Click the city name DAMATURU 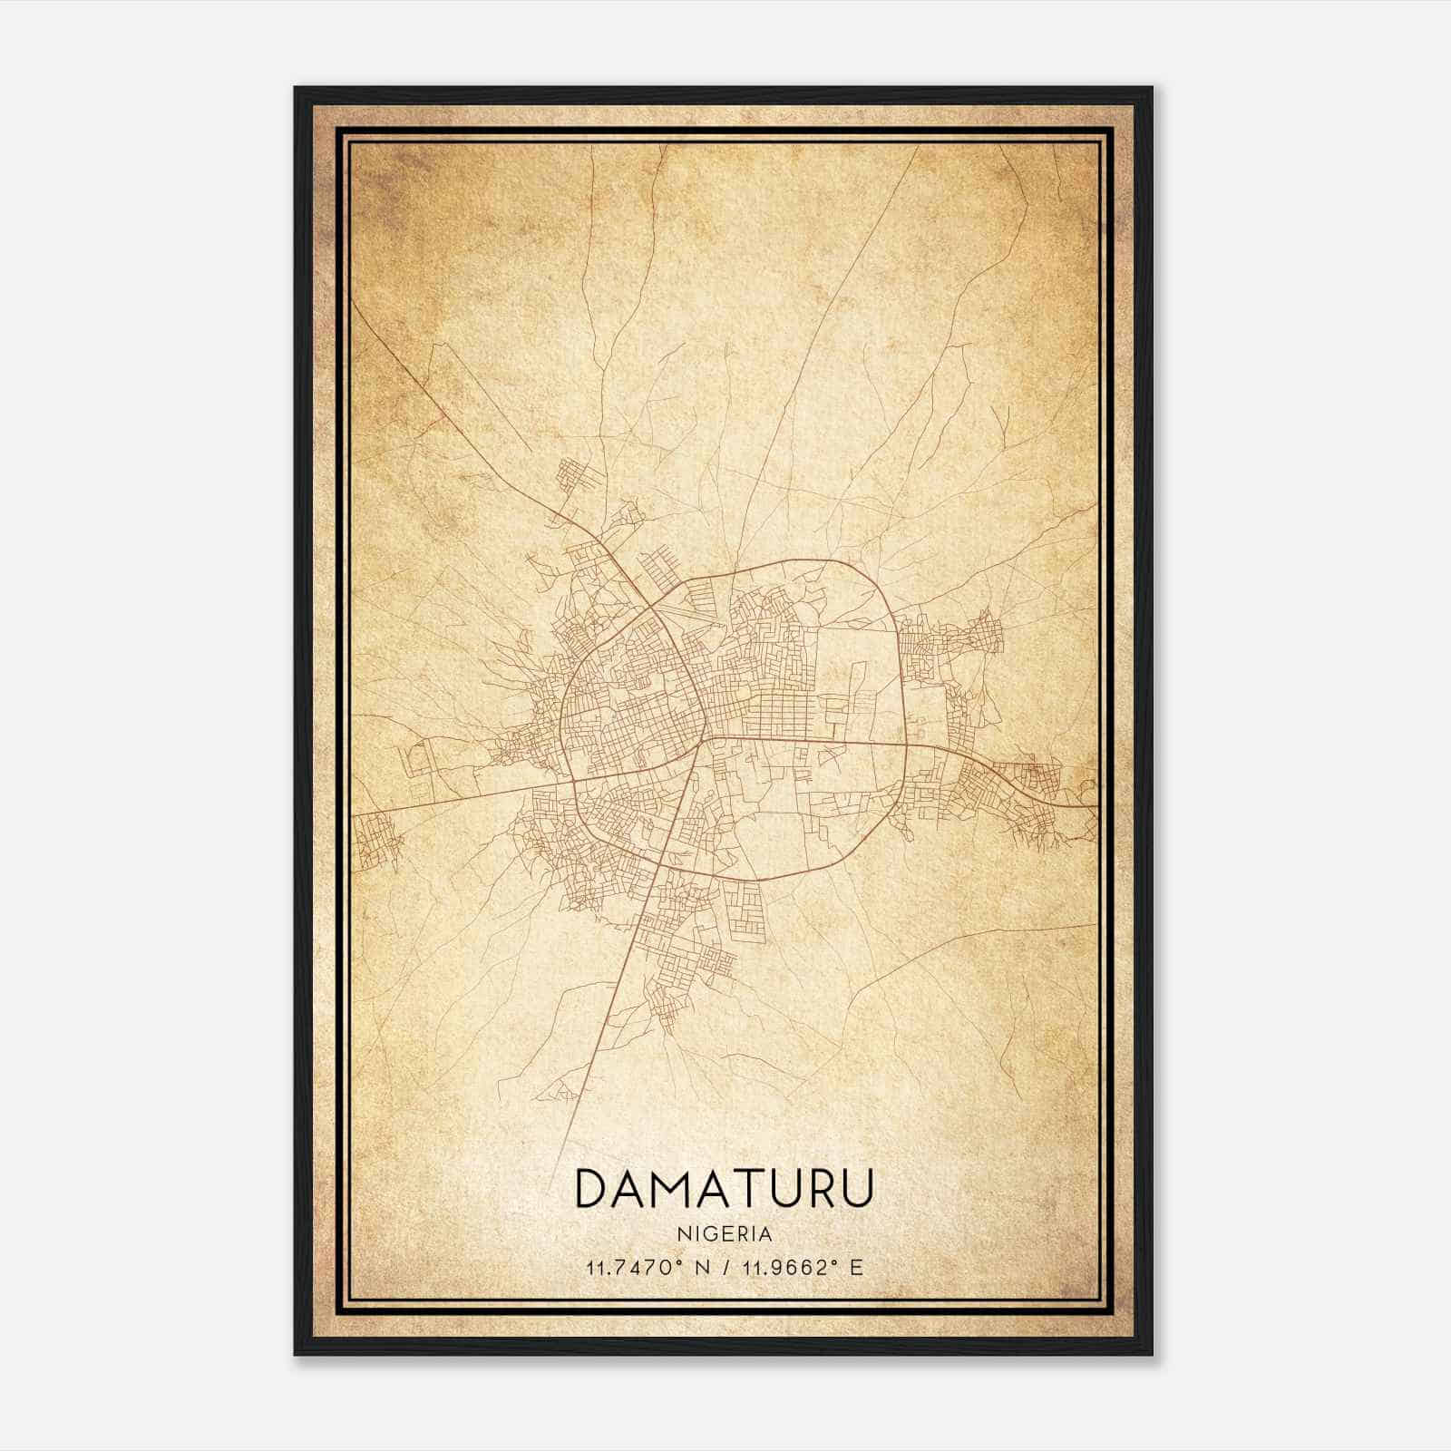[x=724, y=1188]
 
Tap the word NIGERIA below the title [x=724, y=1234]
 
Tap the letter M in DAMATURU [x=674, y=1188]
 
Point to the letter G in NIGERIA [x=713, y=1234]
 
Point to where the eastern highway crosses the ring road [x=907, y=745]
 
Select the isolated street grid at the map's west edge [x=376, y=839]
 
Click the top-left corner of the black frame [x=296, y=88]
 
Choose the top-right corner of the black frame [x=1152, y=88]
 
